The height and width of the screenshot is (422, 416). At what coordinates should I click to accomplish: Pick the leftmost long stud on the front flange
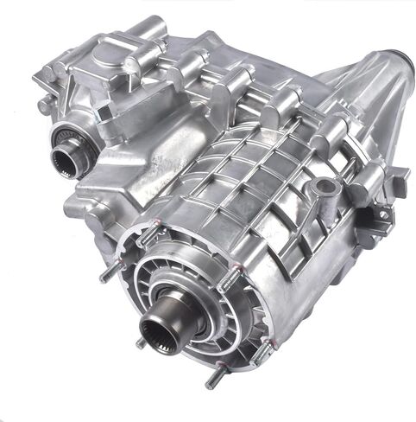pyautogui.click(x=107, y=274)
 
